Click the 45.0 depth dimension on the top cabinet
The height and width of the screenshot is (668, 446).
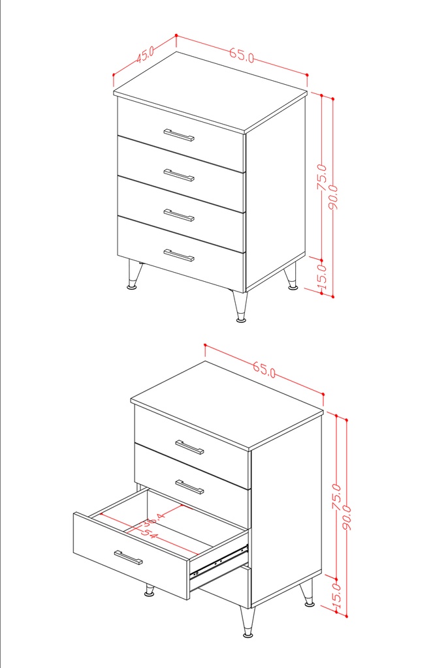tap(145, 54)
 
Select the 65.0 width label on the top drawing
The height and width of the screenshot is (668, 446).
tap(242, 55)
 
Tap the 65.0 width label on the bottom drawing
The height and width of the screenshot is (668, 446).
tap(264, 370)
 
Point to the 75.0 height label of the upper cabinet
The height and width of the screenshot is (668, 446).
tap(323, 177)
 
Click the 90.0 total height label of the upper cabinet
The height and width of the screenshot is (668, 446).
tap(334, 196)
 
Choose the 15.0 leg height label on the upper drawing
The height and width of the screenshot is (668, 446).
tap(323, 275)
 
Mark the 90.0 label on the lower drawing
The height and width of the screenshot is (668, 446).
tap(347, 517)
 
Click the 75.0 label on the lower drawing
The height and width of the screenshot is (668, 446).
tap(337, 496)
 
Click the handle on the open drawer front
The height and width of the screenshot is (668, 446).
tap(128, 558)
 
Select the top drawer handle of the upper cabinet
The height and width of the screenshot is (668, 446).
tap(179, 135)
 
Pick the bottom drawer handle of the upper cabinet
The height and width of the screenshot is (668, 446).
tap(179, 255)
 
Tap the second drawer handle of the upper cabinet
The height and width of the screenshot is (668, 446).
tap(179, 175)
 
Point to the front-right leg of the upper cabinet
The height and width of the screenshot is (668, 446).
tap(240, 306)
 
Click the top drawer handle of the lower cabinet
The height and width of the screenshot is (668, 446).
tap(189, 447)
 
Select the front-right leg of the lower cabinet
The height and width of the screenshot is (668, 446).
tap(247, 622)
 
